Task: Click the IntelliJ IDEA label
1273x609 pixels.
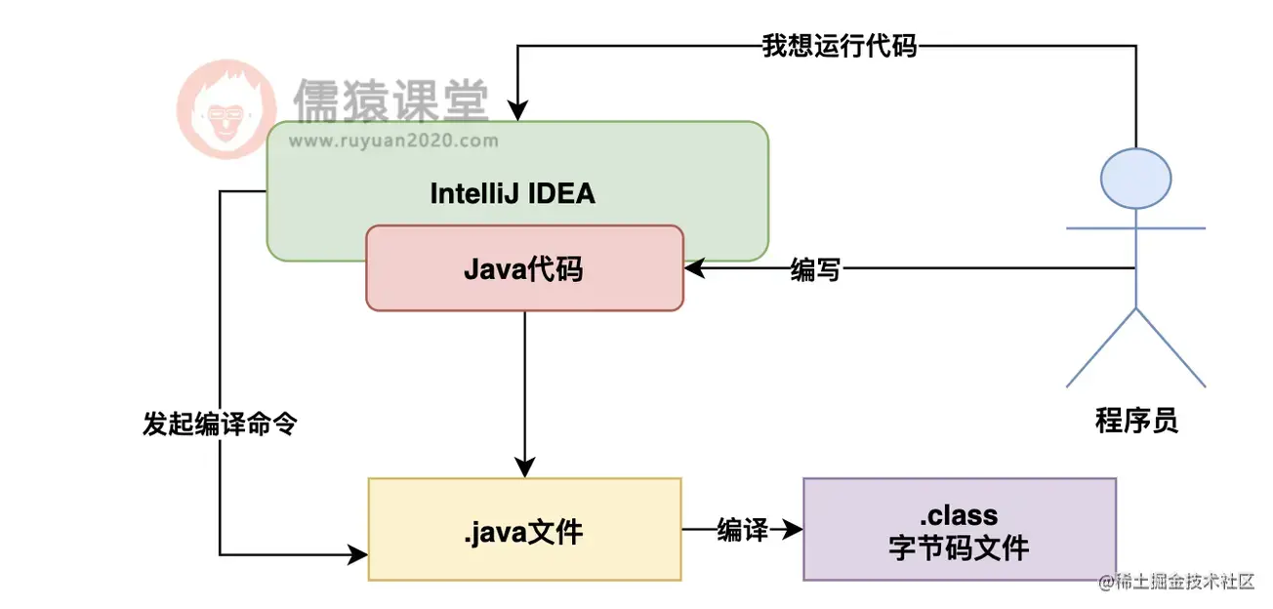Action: [513, 193]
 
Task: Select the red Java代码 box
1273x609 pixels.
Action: [524, 268]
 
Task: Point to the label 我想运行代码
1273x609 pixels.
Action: [840, 46]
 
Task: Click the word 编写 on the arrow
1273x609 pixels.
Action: [815, 270]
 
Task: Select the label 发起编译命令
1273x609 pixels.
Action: [220, 425]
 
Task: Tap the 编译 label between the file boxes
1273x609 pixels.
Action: [741, 530]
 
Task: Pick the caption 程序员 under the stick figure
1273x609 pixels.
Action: [1136, 421]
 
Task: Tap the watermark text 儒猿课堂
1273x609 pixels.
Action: [390, 100]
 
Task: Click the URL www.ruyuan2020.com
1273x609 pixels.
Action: [393, 141]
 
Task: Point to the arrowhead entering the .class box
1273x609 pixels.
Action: [795, 530]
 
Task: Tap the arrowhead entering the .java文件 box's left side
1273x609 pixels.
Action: [359, 555]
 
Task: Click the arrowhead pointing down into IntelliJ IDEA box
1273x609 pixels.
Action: [517, 113]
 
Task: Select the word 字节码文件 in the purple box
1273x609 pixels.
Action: [959, 548]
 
